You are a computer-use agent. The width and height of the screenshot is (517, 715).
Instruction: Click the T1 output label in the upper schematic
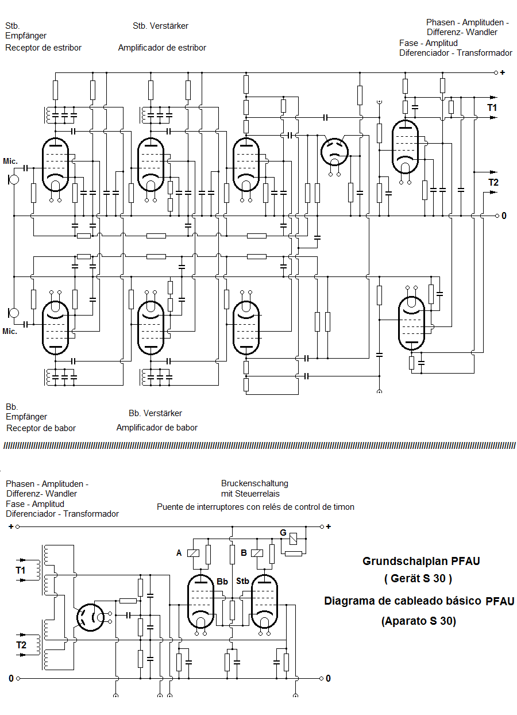coord(492,107)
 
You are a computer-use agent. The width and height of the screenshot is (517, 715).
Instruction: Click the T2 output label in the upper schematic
coord(493,183)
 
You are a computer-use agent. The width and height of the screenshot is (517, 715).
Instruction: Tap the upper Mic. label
coord(10,160)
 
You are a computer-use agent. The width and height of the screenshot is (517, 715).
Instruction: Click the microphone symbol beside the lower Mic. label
coord(13,313)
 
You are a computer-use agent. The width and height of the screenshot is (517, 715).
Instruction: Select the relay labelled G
coord(293,539)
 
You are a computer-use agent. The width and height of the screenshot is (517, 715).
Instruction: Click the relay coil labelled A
coord(194,553)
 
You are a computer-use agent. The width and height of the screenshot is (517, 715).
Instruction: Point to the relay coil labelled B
coord(257,553)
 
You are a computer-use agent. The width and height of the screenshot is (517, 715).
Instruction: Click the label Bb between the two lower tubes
coord(222,582)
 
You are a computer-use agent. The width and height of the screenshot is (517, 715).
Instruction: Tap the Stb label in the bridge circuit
coord(242,582)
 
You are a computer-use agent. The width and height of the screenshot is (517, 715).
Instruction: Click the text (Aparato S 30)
coord(418,621)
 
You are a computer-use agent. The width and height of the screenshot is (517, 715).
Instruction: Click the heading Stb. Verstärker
coord(160,26)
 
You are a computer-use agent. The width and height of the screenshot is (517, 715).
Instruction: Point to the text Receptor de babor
coord(41,428)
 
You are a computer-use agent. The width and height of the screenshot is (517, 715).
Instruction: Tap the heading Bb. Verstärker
coord(155,413)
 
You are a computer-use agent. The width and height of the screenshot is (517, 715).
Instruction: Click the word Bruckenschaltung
coord(254,483)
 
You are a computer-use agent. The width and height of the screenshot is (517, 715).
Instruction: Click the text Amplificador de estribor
coord(162,48)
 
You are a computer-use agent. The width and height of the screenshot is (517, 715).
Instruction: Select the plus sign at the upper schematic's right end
coord(503,72)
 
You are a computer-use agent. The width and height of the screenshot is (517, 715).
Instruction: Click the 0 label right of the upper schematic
coord(504,216)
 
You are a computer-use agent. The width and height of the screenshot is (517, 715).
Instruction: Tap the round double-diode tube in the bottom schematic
coord(90,618)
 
